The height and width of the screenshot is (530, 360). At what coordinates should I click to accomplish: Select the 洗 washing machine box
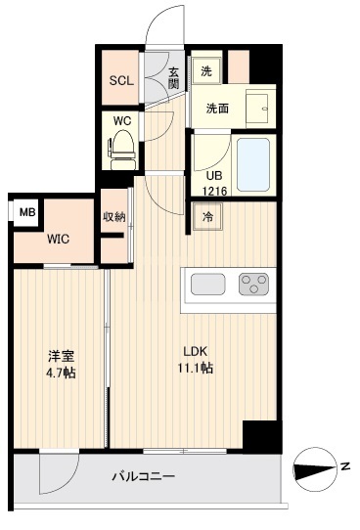coord(206,70)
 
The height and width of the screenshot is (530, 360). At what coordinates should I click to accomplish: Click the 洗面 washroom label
coord(217,109)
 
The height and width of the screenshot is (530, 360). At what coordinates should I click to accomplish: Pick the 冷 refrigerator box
coord(207,218)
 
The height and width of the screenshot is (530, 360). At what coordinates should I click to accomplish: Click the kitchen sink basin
coord(208,286)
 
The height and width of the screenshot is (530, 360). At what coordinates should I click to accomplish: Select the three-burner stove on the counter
coord(253,286)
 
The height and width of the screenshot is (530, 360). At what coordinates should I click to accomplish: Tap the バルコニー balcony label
coord(143,476)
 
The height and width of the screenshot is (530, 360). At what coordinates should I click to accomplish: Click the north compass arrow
coord(316,469)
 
